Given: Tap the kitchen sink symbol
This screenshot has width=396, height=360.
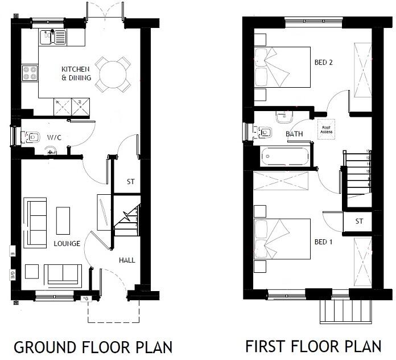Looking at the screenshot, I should [x=53, y=38].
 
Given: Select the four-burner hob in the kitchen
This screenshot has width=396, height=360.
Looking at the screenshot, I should [x=30, y=73].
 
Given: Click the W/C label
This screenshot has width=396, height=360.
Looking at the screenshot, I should [x=55, y=137].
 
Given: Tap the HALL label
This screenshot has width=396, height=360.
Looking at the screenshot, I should [x=127, y=260].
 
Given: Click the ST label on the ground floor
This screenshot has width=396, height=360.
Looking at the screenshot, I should [x=130, y=182].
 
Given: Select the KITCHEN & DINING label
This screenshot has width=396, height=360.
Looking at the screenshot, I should [x=76, y=73].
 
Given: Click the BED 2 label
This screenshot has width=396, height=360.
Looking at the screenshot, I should [x=323, y=63].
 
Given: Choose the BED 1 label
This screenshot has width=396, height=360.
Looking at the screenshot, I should [x=323, y=242].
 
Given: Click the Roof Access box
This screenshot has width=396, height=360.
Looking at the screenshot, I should [x=326, y=129].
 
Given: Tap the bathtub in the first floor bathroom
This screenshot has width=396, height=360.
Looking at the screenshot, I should [x=284, y=156].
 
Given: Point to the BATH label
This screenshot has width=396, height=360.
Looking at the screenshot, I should [x=294, y=134].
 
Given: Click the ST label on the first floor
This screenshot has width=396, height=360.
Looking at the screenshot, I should [x=359, y=221].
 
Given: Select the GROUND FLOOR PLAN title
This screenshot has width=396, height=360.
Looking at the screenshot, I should [x=93, y=346].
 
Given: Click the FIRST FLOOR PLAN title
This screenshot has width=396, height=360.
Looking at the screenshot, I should [x=313, y=346].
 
